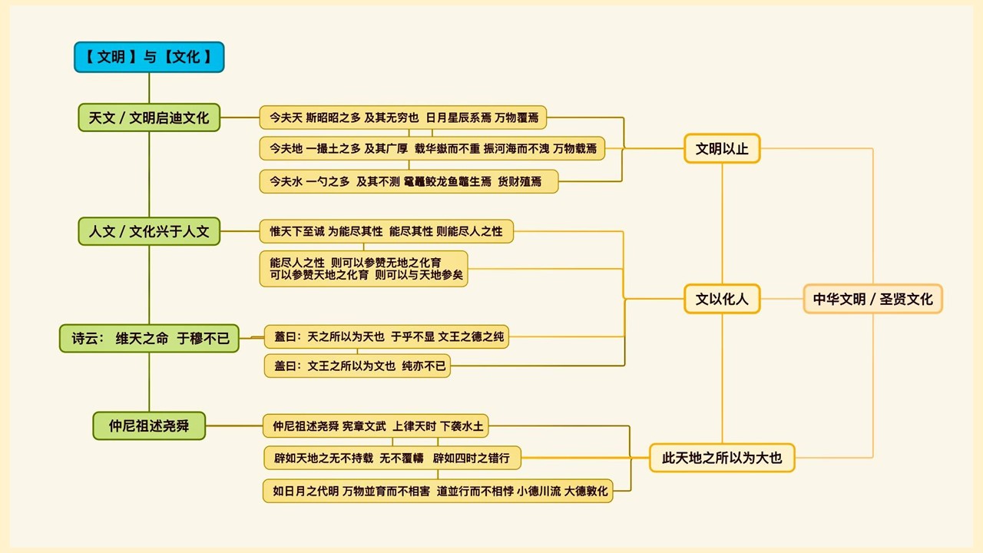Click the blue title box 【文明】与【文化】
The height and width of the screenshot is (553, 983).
(149, 58)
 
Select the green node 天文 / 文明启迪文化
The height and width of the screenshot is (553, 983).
(149, 118)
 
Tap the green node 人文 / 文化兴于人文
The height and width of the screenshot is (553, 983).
(149, 231)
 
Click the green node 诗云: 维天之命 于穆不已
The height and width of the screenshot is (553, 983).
(149, 338)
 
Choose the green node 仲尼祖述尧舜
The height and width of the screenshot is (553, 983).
(149, 426)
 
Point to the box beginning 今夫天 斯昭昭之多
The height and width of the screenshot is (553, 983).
(402, 118)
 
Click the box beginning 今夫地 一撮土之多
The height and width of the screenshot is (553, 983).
(432, 148)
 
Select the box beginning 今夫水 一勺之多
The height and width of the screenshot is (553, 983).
(408, 181)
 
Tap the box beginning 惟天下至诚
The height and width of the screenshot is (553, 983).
(386, 231)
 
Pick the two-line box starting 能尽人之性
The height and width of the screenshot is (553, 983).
(363, 269)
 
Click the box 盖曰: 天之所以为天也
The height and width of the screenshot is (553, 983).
(386, 336)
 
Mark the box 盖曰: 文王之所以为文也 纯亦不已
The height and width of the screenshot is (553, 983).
(357, 366)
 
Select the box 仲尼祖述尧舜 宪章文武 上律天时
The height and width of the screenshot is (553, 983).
(378, 426)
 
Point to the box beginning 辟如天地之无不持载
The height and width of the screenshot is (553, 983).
(392, 459)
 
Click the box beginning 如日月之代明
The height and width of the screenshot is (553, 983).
(438, 491)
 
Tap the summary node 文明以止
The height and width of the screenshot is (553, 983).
(722, 149)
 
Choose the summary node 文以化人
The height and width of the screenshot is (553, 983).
(722, 299)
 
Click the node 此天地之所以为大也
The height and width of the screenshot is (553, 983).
(722, 458)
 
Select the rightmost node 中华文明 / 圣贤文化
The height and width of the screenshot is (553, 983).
(872, 299)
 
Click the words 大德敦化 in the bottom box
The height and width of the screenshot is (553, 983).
(586, 491)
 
